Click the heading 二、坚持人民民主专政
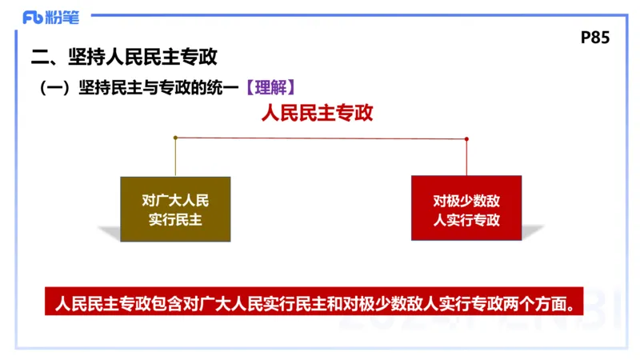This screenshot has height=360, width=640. (123, 58)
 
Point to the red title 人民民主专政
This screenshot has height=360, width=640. (317, 113)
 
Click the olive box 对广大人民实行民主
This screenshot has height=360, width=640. (175, 209)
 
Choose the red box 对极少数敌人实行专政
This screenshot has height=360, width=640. (466, 209)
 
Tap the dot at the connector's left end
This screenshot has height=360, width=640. (175, 138)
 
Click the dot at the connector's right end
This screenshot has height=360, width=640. (466, 138)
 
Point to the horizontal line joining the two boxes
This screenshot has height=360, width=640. (320, 138)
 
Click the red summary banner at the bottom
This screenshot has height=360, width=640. (314, 302)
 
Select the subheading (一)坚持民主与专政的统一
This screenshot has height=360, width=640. (140, 86)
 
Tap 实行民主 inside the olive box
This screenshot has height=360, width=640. (175, 219)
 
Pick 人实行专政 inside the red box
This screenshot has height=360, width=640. (466, 219)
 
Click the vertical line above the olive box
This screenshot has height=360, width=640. (175, 158)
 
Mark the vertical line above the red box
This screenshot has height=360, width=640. (466, 158)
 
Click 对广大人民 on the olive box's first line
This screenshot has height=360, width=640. (175, 200)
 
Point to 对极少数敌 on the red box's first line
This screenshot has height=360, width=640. (466, 200)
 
